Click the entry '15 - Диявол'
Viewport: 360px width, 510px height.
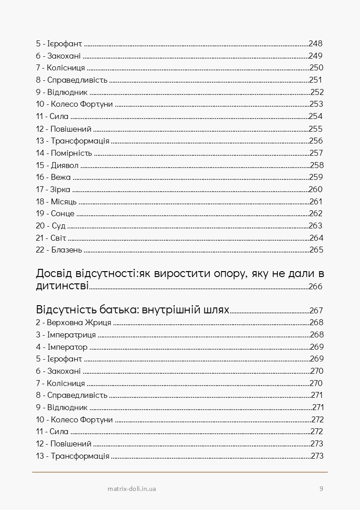tap(57, 165)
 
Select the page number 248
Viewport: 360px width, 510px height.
tap(316, 44)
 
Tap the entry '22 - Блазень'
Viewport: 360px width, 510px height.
tap(59, 250)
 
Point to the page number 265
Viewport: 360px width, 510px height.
tap(316, 250)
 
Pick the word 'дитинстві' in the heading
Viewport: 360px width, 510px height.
tap(62, 286)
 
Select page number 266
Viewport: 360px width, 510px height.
tap(315, 287)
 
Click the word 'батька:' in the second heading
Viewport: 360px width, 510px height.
tap(118, 311)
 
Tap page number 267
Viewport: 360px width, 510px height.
tap(316, 311)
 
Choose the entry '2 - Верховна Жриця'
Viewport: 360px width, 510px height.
tap(74, 323)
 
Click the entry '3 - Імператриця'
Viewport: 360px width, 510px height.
tap(66, 335)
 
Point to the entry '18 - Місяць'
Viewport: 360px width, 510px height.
tap(56, 202)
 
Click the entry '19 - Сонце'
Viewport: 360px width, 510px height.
tap(55, 213)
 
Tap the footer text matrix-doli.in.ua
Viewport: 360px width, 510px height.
tap(132, 489)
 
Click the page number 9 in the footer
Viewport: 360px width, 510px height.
tap(321, 489)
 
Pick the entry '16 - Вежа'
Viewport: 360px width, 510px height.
tap(53, 177)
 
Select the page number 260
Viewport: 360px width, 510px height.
tap(316, 189)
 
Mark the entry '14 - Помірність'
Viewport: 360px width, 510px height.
tap(64, 153)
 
